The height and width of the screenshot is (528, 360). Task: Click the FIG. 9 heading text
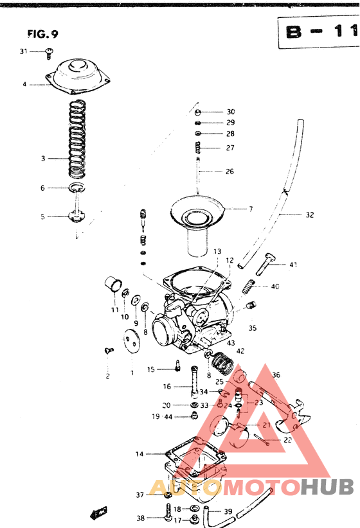[47, 33]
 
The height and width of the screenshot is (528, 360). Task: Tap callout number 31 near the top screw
[24, 51]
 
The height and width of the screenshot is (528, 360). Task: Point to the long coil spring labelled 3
[77, 138]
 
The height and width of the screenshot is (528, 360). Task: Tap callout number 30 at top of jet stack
[231, 112]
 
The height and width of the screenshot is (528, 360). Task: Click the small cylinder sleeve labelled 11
[115, 285]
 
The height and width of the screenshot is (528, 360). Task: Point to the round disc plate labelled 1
[132, 339]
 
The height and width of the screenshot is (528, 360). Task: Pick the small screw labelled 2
[107, 351]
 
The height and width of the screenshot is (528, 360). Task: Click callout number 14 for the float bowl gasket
[139, 454]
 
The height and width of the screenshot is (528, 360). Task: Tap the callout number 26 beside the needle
[230, 172]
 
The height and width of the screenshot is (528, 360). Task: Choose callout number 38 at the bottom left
[140, 518]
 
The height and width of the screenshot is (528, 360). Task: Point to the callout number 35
[252, 328]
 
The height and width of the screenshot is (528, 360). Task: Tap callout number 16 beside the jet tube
[166, 387]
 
